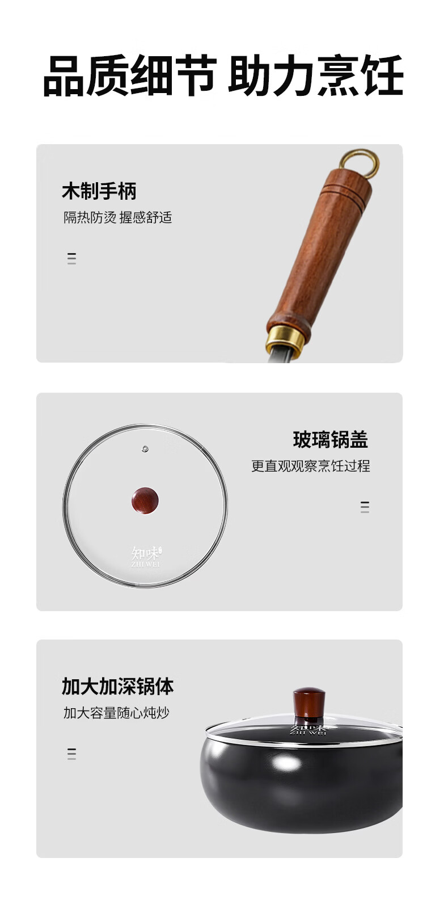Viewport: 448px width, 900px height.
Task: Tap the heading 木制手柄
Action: (99, 191)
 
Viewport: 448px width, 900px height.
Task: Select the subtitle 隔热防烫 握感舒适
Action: (117, 217)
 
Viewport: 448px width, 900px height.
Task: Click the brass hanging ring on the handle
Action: (360, 165)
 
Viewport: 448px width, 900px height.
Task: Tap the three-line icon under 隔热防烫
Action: (71, 258)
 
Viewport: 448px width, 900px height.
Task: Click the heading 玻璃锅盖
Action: (331, 440)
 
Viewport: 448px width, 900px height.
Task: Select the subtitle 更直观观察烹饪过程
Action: (311, 466)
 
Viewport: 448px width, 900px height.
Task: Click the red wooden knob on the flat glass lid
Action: (145, 501)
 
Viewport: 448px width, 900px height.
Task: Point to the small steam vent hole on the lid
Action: (145, 448)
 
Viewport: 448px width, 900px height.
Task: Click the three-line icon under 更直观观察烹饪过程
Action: (365, 507)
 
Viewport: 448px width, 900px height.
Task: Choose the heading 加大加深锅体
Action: (117, 686)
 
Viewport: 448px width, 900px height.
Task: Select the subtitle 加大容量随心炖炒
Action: (116, 713)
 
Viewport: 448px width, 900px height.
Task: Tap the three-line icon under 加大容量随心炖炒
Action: (71, 754)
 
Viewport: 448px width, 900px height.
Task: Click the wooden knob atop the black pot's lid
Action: (308, 703)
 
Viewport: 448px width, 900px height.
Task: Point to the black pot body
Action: (301, 784)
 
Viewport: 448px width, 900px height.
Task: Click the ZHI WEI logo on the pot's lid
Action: (308, 730)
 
